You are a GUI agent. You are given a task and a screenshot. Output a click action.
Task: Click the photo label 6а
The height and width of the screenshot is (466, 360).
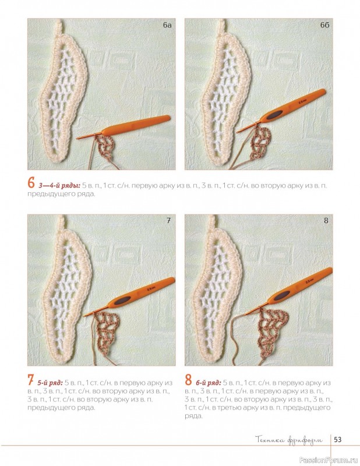pyautogui.click(x=167, y=25)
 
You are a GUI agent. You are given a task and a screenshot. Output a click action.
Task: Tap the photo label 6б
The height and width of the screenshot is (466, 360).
pyautogui.click(x=324, y=25)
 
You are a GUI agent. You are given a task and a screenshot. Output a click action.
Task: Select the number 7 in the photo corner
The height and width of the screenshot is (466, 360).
pyautogui.click(x=168, y=221)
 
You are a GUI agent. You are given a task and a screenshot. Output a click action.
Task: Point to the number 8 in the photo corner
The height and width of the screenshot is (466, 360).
pyautogui.click(x=326, y=221)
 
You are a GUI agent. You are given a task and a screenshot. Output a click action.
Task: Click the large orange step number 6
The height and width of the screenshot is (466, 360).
pyautogui.click(x=31, y=183)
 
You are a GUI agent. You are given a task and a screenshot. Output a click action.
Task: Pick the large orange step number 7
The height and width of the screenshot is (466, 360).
pyautogui.click(x=30, y=380)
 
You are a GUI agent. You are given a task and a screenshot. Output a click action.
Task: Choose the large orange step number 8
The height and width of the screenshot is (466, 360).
pyautogui.click(x=188, y=380)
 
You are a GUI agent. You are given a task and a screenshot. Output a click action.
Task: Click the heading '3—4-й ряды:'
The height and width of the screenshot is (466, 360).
pyautogui.click(x=59, y=186)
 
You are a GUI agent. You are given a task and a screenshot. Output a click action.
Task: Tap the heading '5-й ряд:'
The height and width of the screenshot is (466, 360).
pyautogui.click(x=50, y=383)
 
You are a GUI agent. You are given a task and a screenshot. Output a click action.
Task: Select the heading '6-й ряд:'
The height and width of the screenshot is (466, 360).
pyautogui.click(x=208, y=383)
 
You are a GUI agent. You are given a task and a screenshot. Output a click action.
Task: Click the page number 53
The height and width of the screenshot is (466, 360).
pyautogui.click(x=338, y=439)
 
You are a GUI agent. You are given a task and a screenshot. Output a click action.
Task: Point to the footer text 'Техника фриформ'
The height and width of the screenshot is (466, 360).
pyautogui.click(x=289, y=440)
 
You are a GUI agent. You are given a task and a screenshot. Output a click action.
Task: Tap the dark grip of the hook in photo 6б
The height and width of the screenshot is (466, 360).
pyautogui.click(x=275, y=115)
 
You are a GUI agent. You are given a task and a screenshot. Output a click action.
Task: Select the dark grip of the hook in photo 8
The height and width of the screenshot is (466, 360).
pyautogui.click(x=280, y=295)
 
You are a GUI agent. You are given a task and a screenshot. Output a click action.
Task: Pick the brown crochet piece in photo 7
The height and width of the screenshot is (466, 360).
pyautogui.click(x=107, y=333)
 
